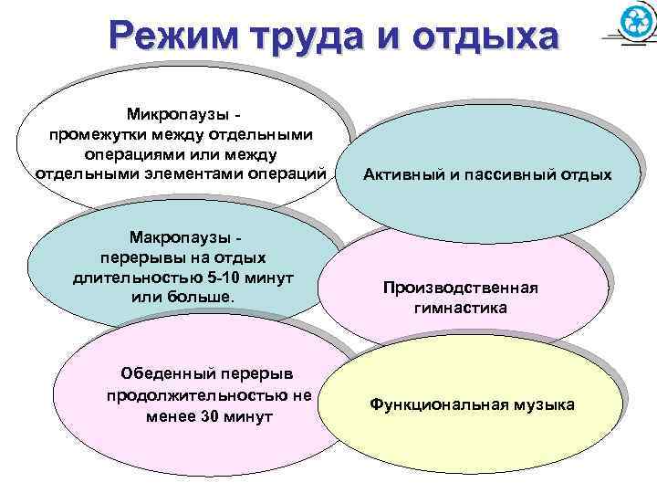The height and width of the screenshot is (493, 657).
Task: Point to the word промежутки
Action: [x=100, y=134]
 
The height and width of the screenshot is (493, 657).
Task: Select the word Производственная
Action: [x=461, y=288]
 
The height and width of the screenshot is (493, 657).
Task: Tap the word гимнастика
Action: [x=461, y=309]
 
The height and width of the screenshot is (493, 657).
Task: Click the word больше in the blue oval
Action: [x=206, y=298]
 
